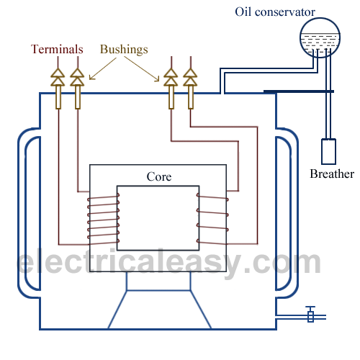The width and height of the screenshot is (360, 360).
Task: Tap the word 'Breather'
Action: pos(331,174)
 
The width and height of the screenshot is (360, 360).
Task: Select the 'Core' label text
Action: pos(158,176)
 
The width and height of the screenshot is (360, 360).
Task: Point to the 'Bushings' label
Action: pos(125,50)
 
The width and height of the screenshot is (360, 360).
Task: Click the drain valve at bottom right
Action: pos(310,315)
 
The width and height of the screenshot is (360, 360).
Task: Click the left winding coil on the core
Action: pos(105,217)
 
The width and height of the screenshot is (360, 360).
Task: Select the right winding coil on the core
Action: pos(212,217)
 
